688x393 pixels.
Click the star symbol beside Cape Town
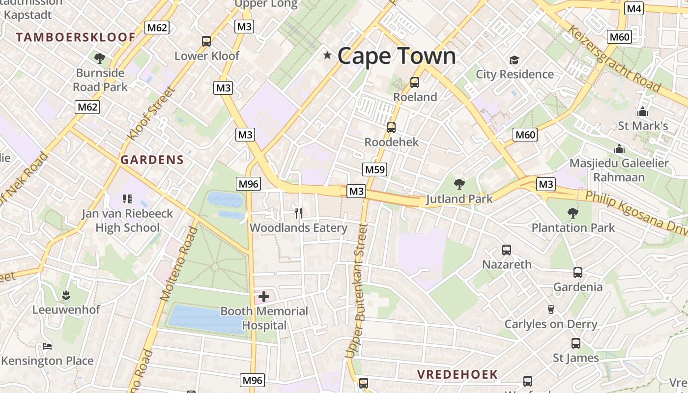(327, 56)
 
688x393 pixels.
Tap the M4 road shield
(634, 8)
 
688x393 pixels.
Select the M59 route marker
(375, 170)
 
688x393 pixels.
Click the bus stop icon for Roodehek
(391, 128)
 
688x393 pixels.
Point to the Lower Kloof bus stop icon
(206, 41)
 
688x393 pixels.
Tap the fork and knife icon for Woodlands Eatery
(298, 213)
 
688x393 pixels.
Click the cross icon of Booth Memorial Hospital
(264, 296)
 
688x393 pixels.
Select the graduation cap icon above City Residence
(514, 60)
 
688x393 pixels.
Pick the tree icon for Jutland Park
(459, 184)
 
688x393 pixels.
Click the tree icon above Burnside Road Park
(100, 58)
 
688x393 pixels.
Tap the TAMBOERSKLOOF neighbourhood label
(75, 37)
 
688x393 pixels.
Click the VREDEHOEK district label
(458, 374)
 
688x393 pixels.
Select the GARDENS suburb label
(152, 160)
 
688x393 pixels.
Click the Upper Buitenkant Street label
(357, 290)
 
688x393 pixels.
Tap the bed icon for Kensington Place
(47, 346)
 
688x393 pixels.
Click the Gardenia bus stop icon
(578, 272)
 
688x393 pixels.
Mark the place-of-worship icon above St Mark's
(642, 112)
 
